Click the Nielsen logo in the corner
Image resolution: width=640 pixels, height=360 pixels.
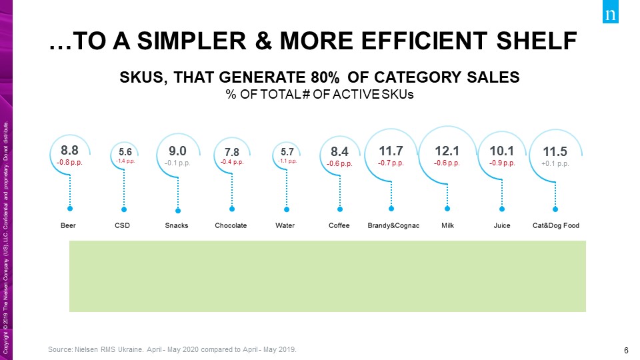pos(610,15)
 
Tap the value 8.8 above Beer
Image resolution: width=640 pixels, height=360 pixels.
pos(70,150)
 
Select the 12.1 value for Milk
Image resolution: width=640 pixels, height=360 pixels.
pos(447,150)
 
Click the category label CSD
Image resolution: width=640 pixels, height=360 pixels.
pos(122,225)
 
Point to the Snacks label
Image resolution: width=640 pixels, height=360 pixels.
pos(177,225)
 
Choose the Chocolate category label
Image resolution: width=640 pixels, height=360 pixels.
pos(231,225)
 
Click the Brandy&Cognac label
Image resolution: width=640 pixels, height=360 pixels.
pos(393,225)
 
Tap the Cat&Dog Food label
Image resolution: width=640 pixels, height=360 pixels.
pos(556,225)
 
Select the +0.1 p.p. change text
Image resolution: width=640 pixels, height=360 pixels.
pos(555,163)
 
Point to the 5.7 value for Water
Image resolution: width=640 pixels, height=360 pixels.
pos(287,151)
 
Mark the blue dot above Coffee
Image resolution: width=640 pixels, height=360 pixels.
pos(339,207)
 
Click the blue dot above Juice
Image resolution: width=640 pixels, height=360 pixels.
pos(502,207)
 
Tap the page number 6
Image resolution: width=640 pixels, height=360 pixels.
pos(626,351)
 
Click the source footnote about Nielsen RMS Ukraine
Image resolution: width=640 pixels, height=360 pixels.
pos(173,349)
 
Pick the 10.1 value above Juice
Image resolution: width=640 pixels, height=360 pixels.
pos(501,150)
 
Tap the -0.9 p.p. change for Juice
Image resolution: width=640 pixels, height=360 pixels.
pos(501,163)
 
